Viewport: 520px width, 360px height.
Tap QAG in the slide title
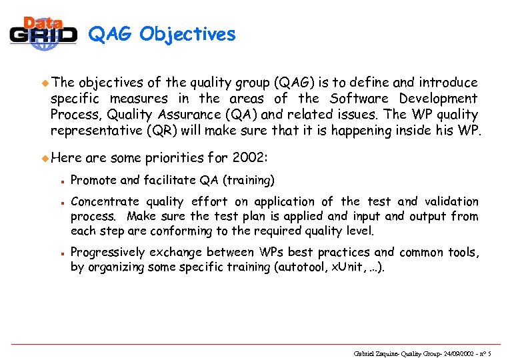point(110,34)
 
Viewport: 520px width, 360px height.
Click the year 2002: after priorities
point(250,158)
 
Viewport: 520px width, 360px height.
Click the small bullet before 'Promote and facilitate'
point(60,181)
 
